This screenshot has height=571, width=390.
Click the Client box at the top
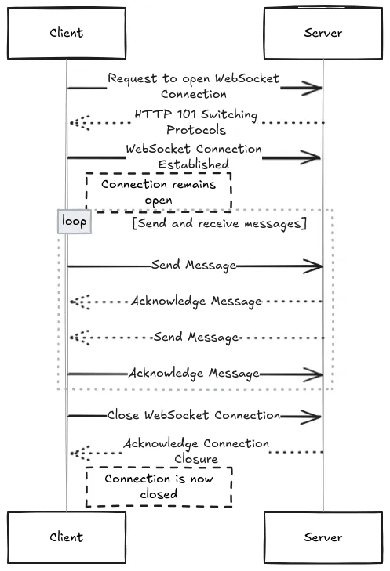point(66,33)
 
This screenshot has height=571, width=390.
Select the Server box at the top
point(323,33)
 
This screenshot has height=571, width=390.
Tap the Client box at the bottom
point(66,537)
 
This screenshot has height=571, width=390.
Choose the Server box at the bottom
point(323,537)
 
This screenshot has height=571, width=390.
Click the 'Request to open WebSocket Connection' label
point(194,86)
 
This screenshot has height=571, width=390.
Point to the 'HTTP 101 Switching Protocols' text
point(195,122)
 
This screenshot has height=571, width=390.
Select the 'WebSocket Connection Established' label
point(194,157)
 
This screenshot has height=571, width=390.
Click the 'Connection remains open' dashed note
point(158,193)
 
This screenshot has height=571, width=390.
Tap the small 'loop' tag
point(75,222)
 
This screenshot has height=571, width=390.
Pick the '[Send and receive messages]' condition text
point(218,224)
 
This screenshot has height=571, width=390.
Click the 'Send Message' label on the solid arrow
point(195,266)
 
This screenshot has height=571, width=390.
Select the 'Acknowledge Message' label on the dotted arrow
point(196,301)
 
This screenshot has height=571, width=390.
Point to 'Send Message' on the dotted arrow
point(195,337)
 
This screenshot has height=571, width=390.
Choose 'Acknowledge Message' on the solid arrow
point(194,373)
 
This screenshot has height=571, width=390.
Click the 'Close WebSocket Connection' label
point(193,415)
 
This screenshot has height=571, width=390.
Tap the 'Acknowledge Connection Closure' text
point(196,450)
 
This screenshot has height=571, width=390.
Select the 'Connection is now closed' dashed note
point(159,486)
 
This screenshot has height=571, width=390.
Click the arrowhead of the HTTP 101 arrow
point(77,123)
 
